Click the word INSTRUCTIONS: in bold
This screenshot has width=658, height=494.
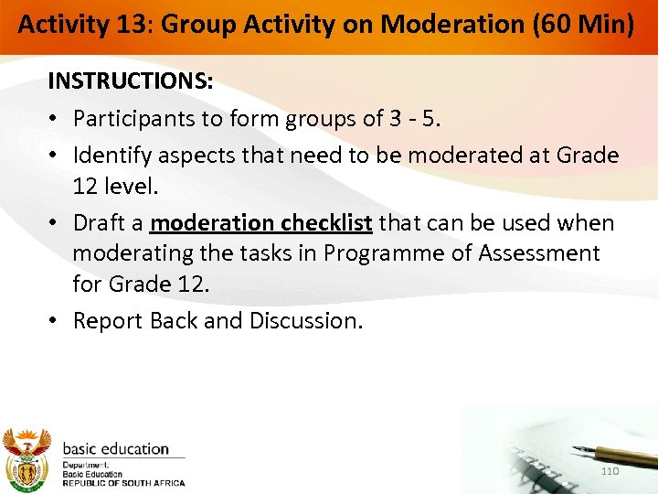[131, 81]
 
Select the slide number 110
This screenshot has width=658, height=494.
[610, 470]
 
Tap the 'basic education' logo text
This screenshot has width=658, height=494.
[116, 449]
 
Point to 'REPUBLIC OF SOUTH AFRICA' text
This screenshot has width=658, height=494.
[123, 483]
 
